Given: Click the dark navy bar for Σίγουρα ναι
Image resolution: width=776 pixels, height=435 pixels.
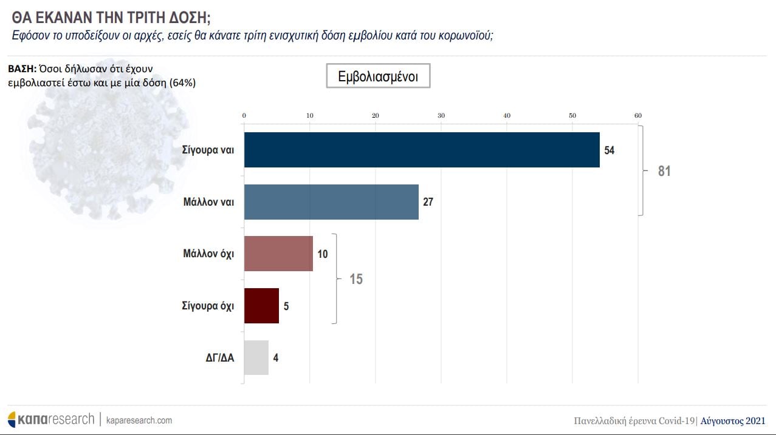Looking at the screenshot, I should point(422,150).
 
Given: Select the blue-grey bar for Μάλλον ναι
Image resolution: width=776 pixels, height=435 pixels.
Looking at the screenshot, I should point(331,202).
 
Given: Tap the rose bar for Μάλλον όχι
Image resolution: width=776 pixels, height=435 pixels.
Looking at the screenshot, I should point(278,254).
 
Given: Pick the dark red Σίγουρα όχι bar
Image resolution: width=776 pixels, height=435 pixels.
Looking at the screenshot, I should point(261,306).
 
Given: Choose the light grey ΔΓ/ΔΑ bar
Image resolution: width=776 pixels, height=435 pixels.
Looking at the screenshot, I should point(256,357).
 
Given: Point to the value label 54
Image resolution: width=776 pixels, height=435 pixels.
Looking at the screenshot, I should point(609,150).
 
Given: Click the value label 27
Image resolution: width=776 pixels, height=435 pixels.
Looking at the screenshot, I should point(428,202).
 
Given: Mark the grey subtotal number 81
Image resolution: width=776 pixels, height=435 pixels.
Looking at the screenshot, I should point(664,171).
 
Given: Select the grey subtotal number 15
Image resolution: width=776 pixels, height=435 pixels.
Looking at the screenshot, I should point(356,280).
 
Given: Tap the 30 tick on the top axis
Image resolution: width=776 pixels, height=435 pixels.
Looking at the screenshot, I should point(441,116).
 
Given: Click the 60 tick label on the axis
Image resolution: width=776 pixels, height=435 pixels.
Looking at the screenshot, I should point(638,116).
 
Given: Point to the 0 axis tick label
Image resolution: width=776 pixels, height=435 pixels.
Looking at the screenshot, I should point(244,116).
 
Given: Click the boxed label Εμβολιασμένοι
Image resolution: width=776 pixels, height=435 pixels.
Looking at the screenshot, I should point(378,76).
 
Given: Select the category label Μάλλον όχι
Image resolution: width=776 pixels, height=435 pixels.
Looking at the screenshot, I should point(209,254).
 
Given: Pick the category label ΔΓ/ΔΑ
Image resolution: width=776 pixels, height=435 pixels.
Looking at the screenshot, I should point(220,357).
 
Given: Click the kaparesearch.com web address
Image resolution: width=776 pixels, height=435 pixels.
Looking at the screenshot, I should point(139,420).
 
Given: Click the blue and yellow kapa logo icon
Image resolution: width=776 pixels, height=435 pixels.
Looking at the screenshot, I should point(12,419).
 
